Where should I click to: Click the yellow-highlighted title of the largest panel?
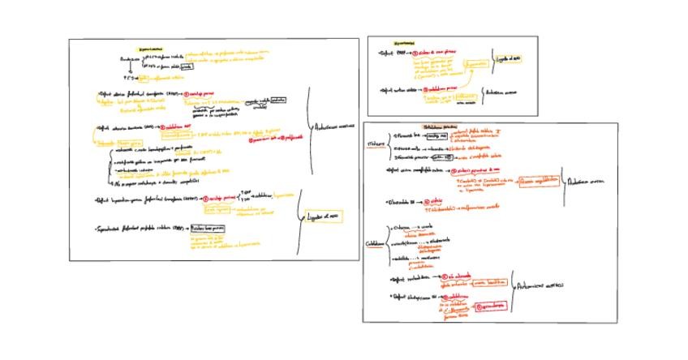pos(149,48)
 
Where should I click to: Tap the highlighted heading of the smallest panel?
pos(403,44)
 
